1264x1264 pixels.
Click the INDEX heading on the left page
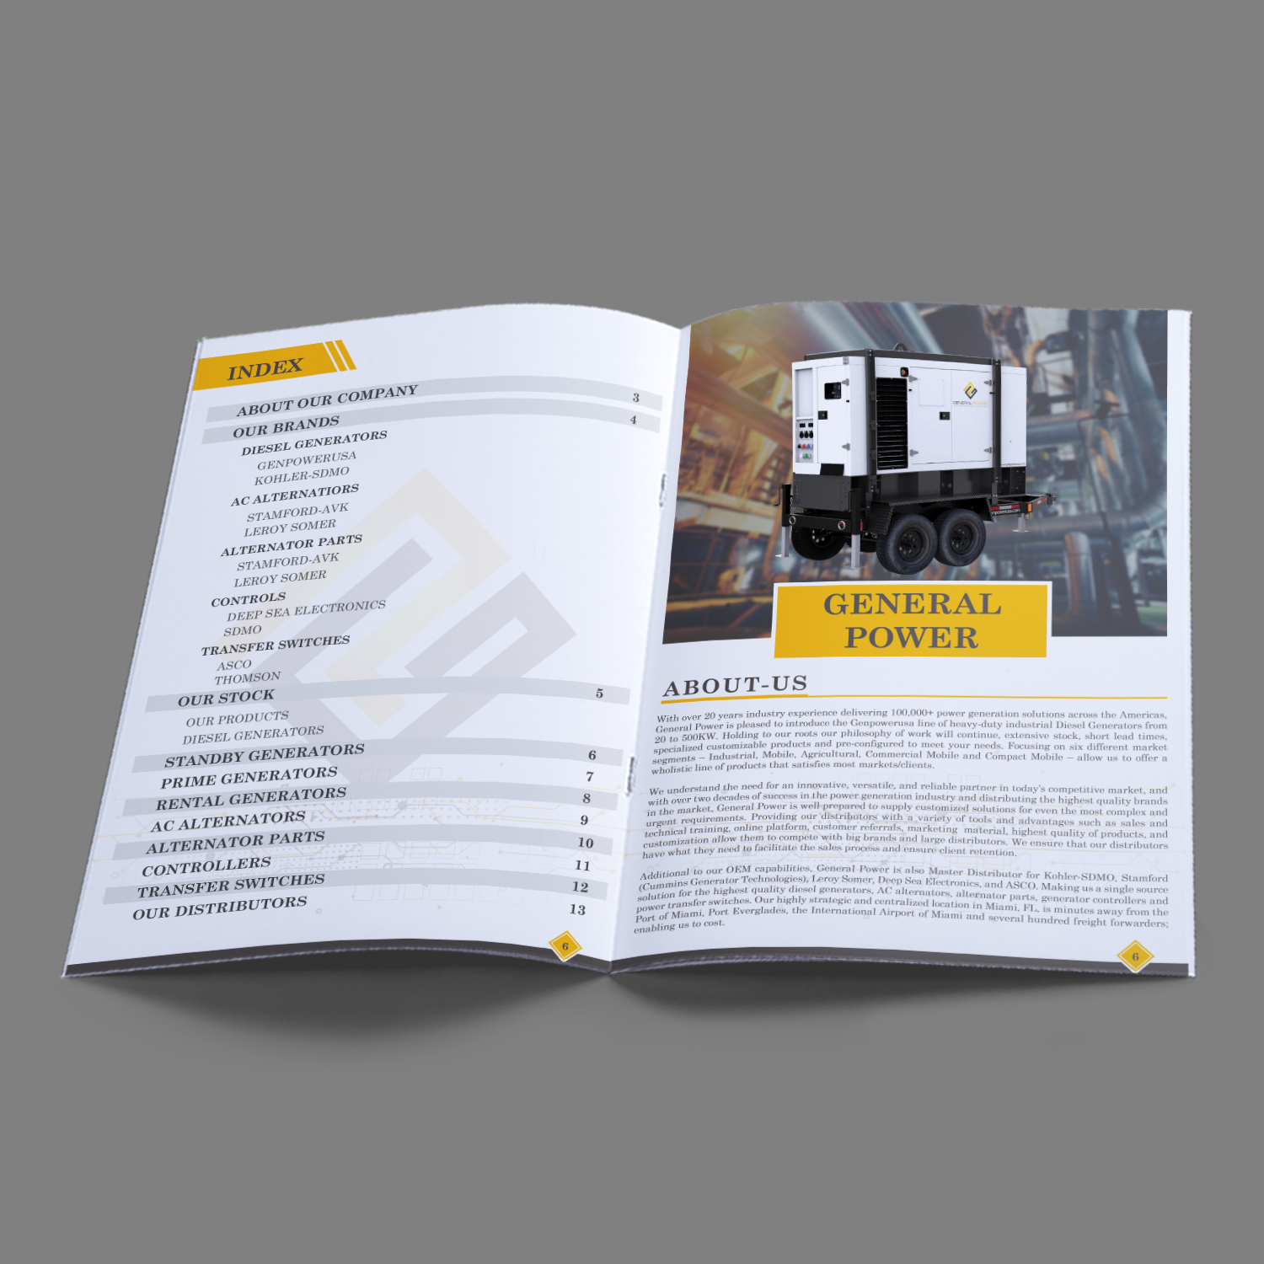point(265,368)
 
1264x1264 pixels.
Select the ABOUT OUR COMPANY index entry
point(327,400)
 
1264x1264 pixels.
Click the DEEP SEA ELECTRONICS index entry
point(306,610)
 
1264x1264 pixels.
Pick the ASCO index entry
point(234,665)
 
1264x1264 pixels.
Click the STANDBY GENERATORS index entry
point(265,755)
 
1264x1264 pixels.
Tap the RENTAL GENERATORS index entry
point(251,798)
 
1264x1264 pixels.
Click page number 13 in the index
point(577,909)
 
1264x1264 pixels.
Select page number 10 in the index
point(586,843)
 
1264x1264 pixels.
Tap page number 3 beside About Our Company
point(636,397)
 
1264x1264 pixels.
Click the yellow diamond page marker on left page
point(565,946)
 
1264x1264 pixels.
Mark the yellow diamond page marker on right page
point(1135,956)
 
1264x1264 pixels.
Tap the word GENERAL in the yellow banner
point(912,604)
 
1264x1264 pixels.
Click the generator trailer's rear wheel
point(960,538)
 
